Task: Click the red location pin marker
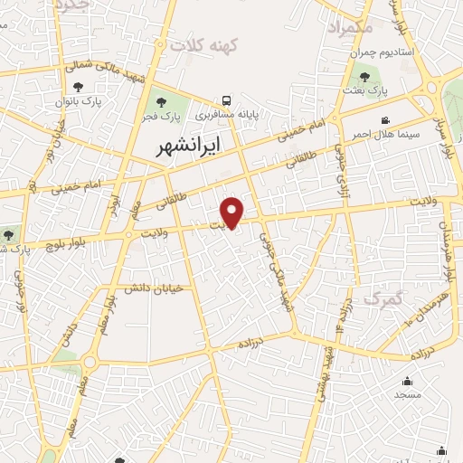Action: pos(233,213)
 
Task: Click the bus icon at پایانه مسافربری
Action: pos(227,101)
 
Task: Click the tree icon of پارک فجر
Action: pos(162,102)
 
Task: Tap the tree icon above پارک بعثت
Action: pos(364,78)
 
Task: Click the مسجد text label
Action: pos(407,394)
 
